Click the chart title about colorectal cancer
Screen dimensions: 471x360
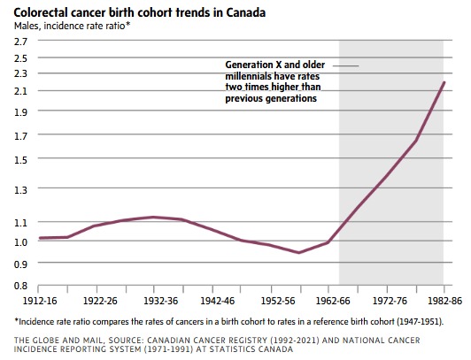pyautogui.click(x=140, y=12)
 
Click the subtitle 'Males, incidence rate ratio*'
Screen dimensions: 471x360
pyautogui.click(x=72, y=26)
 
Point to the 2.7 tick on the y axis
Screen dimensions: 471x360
pyautogui.click(x=20, y=41)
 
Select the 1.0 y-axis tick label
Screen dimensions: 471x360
pyautogui.click(x=20, y=241)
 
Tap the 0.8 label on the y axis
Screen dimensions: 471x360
pyautogui.click(x=20, y=286)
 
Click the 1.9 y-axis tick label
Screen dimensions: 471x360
pyautogui.click(x=20, y=112)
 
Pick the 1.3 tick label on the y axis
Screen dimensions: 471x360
pyautogui.click(x=20, y=189)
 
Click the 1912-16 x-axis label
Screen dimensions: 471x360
pyautogui.click(x=40, y=301)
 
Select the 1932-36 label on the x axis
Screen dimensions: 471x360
pyautogui.click(x=161, y=301)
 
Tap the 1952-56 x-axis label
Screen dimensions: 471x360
pyautogui.click(x=278, y=301)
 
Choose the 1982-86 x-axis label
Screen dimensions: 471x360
pyautogui.click(x=444, y=301)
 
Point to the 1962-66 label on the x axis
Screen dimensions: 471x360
pyautogui.click(x=333, y=301)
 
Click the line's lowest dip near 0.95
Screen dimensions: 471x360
pyautogui.click(x=298, y=253)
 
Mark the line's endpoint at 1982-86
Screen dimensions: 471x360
pyautogui.click(x=444, y=82)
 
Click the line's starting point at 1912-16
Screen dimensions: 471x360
pyautogui.click(x=40, y=238)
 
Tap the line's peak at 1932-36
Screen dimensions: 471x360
pyautogui.click(x=153, y=217)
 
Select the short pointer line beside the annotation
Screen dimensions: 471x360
pyautogui.click(x=346, y=65)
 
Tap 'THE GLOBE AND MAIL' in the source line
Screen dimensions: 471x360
pyautogui.click(x=59, y=341)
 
